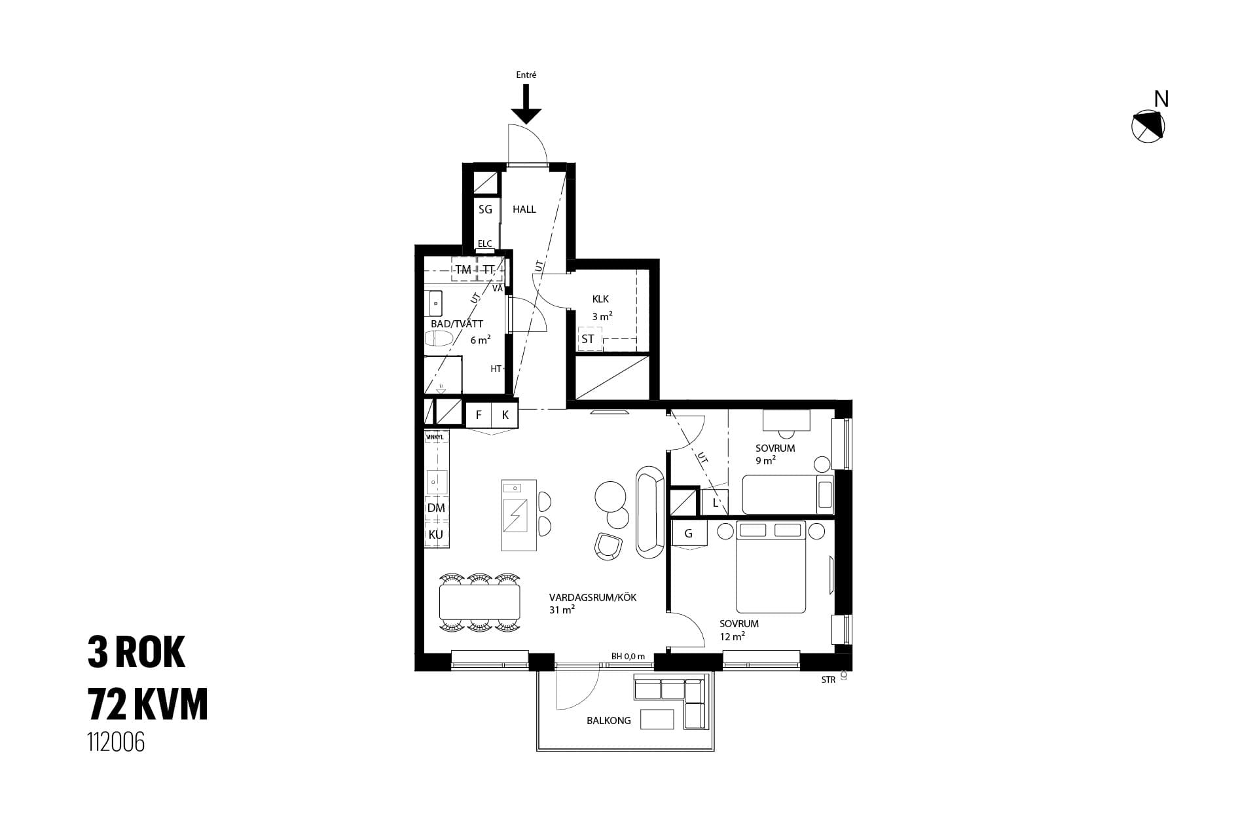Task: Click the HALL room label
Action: (x=524, y=209)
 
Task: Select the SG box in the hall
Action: (x=485, y=209)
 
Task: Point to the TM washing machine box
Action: (x=464, y=269)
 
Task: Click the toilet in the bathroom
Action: (x=439, y=339)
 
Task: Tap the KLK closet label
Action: (x=600, y=299)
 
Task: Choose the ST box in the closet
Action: (x=589, y=339)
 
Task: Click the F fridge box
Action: (x=479, y=414)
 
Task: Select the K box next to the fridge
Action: (x=505, y=414)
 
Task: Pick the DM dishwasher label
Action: (x=436, y=508)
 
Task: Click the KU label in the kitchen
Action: (x=436, y=534)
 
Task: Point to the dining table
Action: (x=480, y=602)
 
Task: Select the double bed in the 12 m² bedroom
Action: (x=771, y=567)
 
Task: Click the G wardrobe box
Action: (x=689, y=534)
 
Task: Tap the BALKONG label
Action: (x=609, y=720)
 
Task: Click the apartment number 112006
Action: (x=117, y=742)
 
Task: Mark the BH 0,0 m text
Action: (x=628, y=656)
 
